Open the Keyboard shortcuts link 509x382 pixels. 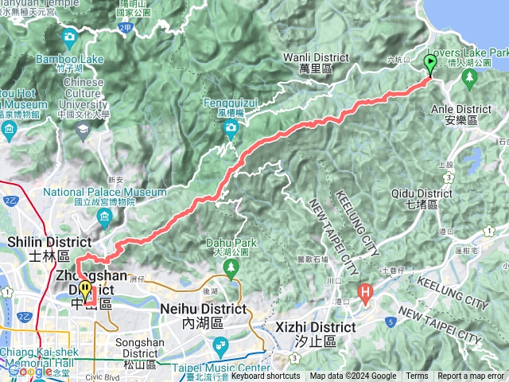[265, 376]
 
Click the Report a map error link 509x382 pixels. [471, 376]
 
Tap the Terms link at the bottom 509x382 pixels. [417, 376]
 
